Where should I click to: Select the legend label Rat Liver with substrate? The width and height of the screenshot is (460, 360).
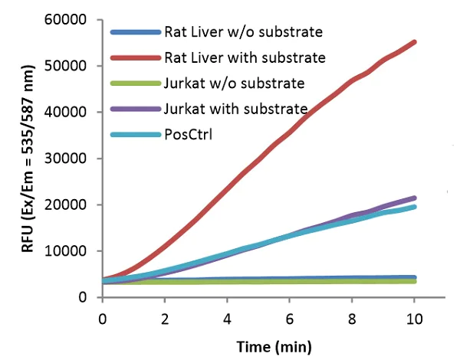(x=245, y=57)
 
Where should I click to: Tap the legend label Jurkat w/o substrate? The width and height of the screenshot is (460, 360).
(x=235, y=83)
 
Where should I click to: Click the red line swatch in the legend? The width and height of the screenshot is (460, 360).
(x=135, y=57)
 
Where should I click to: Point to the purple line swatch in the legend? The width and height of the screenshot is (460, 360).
(x=135, y=108)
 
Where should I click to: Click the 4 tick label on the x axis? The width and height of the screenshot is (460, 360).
(x=227, y=316)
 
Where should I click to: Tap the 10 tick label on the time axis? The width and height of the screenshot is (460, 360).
(x=414, y=316)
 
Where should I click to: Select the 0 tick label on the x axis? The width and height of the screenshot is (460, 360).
(x=102, y=316)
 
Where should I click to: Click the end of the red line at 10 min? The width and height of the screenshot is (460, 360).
(x=414, y=42)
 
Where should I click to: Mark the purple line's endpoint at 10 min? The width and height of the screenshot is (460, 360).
(x=414, y=198)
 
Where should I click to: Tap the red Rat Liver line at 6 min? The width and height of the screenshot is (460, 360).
(x=289, y=133)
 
